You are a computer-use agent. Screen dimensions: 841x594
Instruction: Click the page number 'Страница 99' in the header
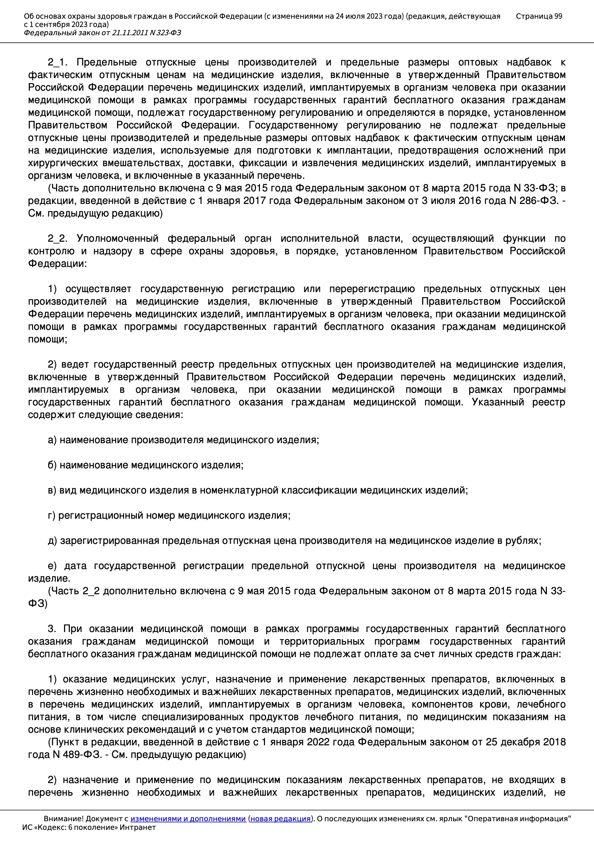[539, 16]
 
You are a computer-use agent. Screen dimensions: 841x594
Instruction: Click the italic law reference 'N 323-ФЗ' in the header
[165, 33]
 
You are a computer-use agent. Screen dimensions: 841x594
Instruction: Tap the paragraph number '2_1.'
[58, 62]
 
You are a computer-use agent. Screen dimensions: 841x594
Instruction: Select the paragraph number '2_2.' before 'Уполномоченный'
[58, 238]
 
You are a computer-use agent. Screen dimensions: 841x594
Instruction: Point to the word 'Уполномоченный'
[118, 238]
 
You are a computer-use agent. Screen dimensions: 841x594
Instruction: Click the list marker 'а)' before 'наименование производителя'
[52, 440]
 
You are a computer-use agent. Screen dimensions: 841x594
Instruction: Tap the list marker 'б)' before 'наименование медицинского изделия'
[52, 465]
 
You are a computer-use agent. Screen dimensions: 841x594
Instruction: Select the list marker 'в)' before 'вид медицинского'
[52, 490]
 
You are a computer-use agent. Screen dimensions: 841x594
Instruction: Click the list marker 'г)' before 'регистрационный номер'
[51, 515]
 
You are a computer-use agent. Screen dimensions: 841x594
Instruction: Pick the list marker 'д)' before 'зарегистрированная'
[52, 541]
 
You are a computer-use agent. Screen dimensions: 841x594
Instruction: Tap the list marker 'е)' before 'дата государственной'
[52, 566]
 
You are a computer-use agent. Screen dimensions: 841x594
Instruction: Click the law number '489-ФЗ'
[81, 755]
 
